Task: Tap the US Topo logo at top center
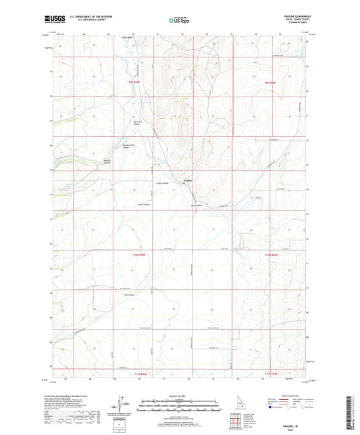tap(180, 20)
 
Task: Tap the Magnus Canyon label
tap(105, 160)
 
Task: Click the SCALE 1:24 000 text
tap(180, 396)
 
